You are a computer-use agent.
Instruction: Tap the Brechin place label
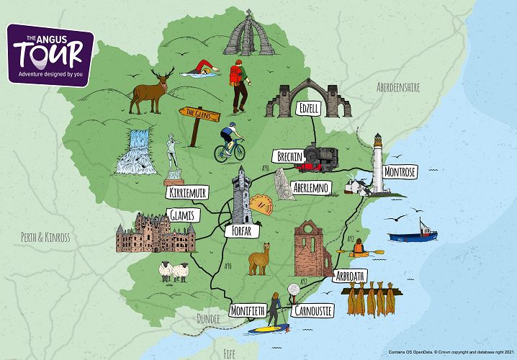[x=289, y=156]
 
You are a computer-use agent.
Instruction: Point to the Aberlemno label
[x=310, y=188]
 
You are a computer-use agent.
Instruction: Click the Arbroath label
[x=351, y=276]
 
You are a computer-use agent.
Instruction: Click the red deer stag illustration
[x=149, y=89]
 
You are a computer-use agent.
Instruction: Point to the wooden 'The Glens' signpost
[x=198, y=116]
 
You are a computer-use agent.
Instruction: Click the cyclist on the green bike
[x=230, y=143]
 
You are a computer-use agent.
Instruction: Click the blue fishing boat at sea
[x=412, y=234]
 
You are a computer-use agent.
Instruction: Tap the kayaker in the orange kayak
[x=358, y=250]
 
